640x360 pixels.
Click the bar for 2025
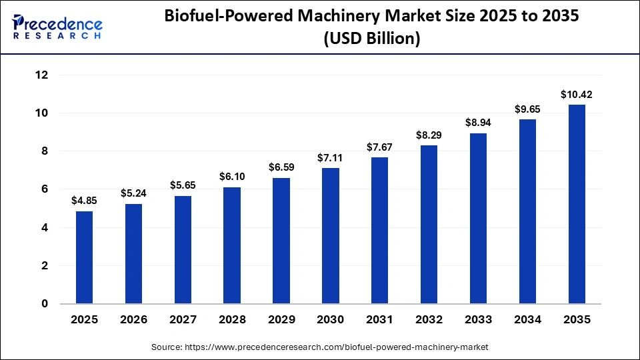pos(85,257)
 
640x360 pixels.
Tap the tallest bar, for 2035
pos(577,204)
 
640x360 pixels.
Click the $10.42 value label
pos(577,95)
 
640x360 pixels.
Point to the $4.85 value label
pos(85,201)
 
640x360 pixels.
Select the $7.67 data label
pos(380,147)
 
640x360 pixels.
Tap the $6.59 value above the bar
pos(281,167)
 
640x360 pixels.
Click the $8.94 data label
pos(478,123)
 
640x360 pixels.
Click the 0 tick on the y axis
pos(45,304)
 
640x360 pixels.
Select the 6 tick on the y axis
pos(45,189)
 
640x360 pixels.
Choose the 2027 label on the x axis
pos(183,320)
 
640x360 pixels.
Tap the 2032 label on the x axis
pos(429,320)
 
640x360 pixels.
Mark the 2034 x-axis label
pos(527,320)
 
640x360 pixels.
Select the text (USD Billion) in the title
pos(372,40)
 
